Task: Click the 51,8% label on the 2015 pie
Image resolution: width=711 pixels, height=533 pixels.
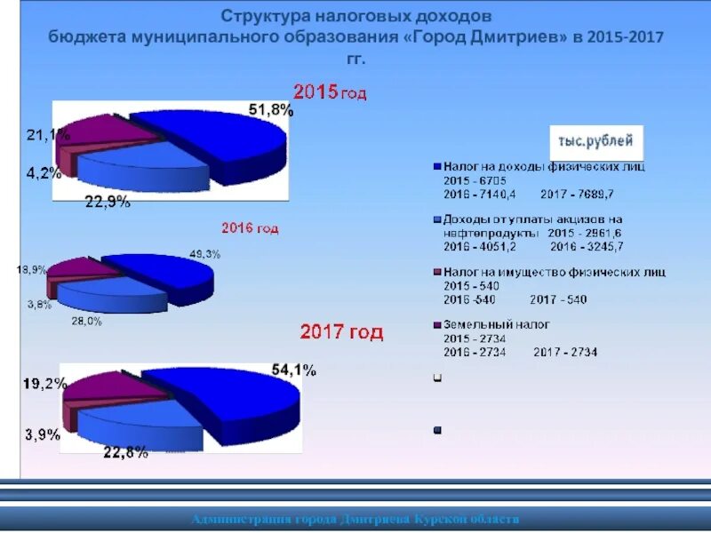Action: click(x=270, y=111)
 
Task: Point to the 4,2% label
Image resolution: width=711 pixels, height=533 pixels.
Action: click(x=44, y=173)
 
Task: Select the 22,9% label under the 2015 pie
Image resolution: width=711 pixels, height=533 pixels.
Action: click(x=108, y=202)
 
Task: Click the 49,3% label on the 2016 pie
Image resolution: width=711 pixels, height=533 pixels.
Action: click(x=204, y=254)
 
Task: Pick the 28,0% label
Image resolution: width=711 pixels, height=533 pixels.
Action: click(x=86, y=322)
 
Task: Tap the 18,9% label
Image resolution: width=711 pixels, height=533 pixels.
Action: click(x=31, y=268)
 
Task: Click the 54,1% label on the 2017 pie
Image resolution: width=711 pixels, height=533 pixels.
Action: click(x=293, y=371)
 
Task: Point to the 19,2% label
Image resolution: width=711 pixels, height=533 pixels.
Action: click(x=43, y=385)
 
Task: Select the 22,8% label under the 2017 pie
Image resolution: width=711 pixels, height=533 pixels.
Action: click(x=125, y=453)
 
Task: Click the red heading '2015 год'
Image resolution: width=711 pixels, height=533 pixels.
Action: click(x=330, y=91)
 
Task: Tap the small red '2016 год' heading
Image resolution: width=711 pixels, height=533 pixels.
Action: click(x=250, y=228)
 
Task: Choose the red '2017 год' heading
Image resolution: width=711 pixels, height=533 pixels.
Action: click(x=341, y=332)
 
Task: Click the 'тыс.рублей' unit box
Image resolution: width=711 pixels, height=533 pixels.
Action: click(x=595, y=141)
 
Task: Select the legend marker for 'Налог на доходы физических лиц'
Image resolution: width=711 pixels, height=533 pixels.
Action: click(x=436, y=166)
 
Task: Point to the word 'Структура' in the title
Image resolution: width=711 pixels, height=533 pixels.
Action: click(x=259, y=16)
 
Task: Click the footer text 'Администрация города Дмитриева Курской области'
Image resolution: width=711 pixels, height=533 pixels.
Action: click(x=355, y=519)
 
